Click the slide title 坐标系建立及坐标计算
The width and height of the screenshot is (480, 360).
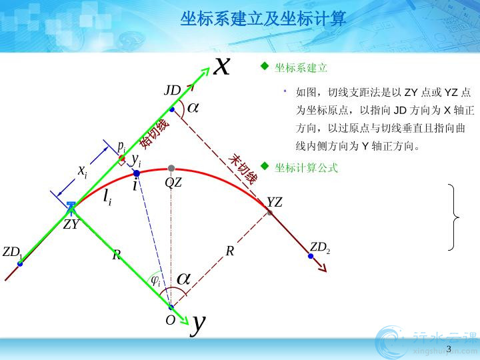tap(263, 19)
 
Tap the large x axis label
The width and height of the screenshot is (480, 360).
tap(221, 66)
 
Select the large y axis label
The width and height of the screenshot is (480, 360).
tap(198, 325)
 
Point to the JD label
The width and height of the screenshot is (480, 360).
tap(173, 90)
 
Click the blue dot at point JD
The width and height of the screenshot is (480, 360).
tap(172, 109)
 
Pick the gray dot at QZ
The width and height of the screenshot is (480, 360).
tap(171, 168)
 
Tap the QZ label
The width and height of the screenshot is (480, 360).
tap(173, 183)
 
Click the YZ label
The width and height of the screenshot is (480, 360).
tap(274, 203)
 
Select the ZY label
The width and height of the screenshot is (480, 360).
tap(71, 225)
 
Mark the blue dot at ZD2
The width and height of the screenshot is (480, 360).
tap(311, 256)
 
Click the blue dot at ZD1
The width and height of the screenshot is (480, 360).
tap(20, 263)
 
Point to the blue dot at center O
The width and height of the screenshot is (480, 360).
tap(171, 307)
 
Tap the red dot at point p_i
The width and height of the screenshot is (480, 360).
tap(122, 158)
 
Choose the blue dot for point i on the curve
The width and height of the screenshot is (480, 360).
tap(137, 173)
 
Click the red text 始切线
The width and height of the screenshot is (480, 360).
tap(154, 134)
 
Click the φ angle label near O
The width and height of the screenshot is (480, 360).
tap(156, 281)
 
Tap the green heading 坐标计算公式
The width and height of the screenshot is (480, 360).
tap(306, 168)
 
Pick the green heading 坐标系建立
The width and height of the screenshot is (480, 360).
tap(301, 67)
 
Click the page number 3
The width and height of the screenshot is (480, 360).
tap(449, 349)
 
